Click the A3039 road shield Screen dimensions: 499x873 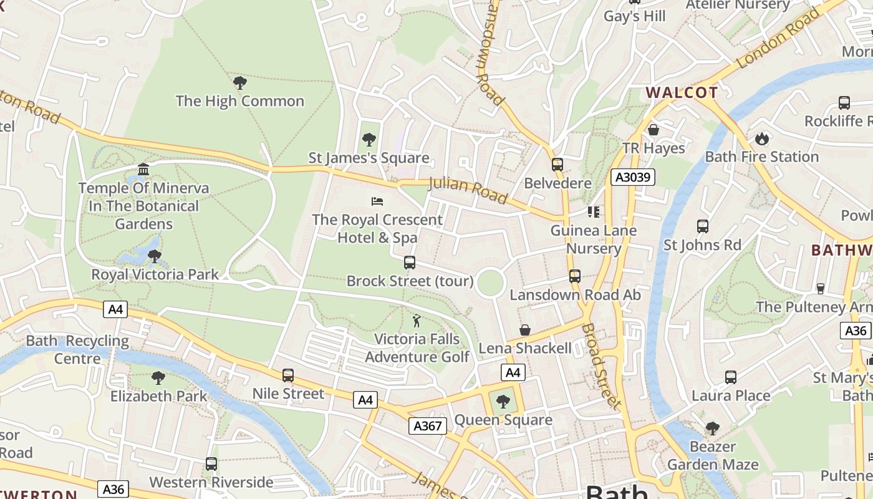coord(632,177)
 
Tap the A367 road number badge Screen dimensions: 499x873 coord(428,426)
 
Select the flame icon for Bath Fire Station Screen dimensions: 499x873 coord(761,138)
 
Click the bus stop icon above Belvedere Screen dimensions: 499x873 coord(557,165)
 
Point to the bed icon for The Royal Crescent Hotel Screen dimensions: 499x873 coord(377,201)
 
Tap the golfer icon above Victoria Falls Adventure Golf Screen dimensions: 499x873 coord(417,321)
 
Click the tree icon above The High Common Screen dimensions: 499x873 coord(239,82)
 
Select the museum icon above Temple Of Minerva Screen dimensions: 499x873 coord(143,170)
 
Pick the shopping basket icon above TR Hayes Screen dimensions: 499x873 coord(654,130)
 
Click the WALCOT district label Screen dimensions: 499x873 coord(682,93)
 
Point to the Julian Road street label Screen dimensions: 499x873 coord(468,190)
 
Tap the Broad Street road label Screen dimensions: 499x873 coord(602,366)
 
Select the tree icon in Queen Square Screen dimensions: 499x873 coord(503,401)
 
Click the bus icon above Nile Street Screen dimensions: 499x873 coord(287,375)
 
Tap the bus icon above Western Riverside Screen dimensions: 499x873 coord(211,464)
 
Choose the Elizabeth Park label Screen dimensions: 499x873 coord(158,396)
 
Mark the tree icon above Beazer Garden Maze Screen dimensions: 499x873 coord(712,429)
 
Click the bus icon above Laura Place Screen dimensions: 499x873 coord(731,377)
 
